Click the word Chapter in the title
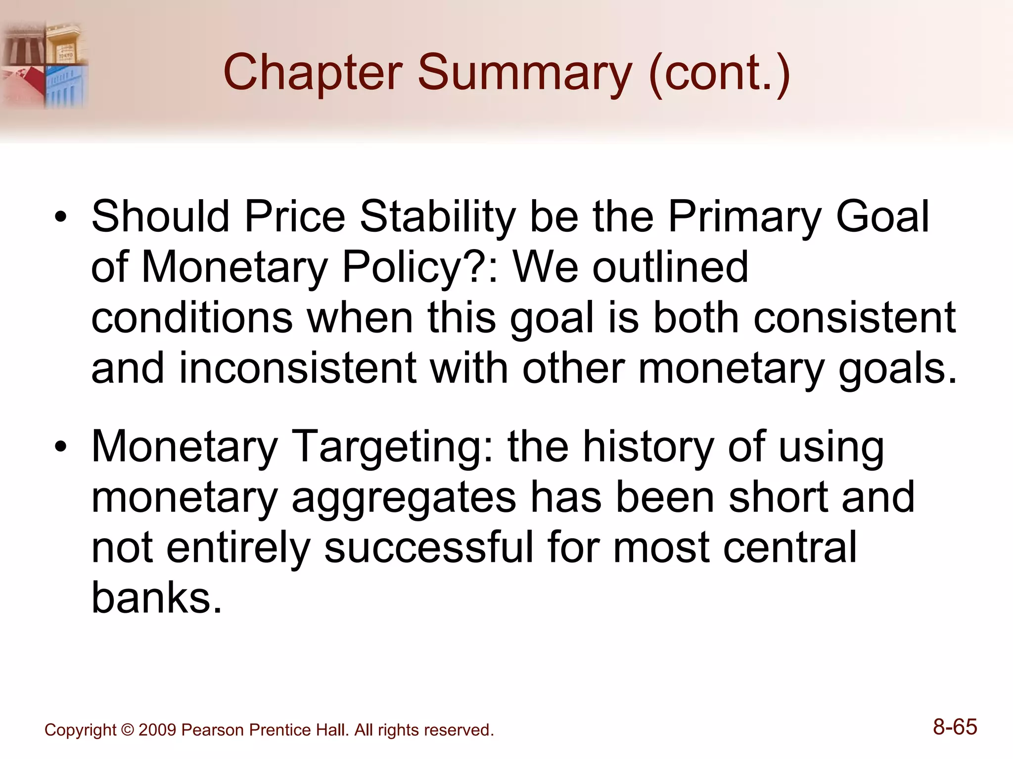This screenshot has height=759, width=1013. [x=313, y=73]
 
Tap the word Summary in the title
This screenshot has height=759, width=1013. [x=524, y=73]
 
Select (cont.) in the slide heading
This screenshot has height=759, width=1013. [x=719, y=73]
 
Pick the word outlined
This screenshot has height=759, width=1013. [x=670, y=267]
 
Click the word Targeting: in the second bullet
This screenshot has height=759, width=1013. [x=394, y=448]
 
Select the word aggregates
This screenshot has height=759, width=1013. [x=404, y=498]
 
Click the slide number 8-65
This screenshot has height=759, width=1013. [x=955, y=727]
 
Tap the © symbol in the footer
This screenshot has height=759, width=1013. [x=127, y=730]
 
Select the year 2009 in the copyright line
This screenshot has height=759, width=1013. [x=157, y=730]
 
